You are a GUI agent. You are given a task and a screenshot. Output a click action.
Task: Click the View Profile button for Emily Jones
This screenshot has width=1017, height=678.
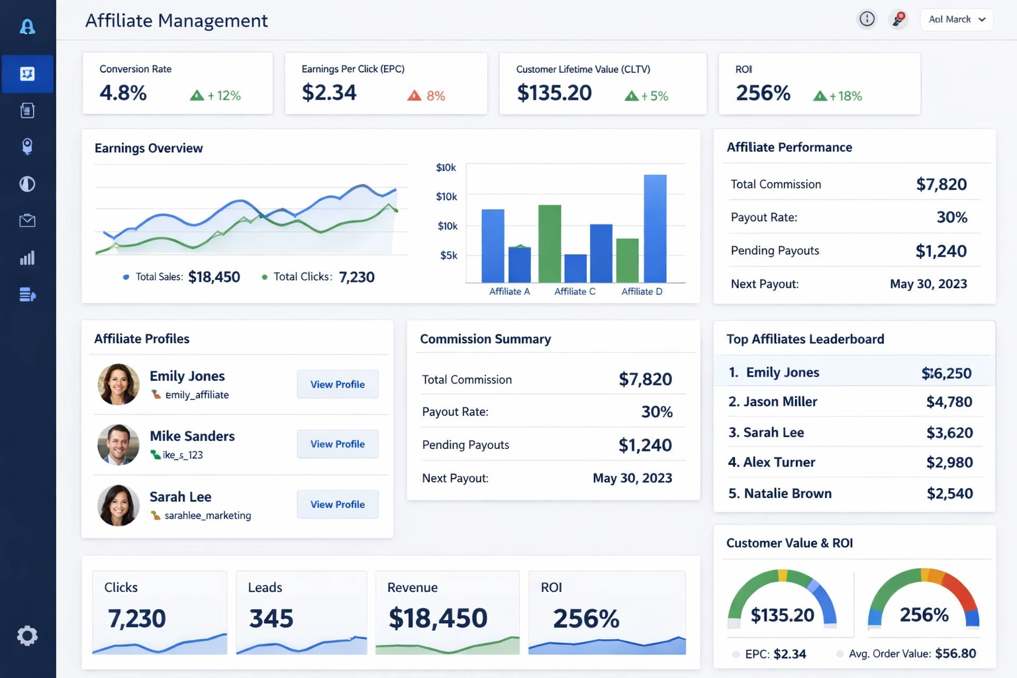337,384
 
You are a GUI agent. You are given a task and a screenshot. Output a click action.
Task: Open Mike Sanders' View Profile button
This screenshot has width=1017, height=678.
337,444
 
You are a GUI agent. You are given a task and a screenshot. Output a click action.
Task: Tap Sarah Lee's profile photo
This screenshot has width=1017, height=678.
119,505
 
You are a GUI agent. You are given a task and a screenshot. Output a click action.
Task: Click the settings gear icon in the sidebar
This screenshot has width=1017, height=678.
27,636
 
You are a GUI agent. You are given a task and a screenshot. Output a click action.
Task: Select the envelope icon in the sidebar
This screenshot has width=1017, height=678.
27,220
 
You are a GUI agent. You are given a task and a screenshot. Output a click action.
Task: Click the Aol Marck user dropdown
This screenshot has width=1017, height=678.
956,19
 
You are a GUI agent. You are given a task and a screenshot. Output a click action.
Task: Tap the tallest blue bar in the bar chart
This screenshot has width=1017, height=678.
655,228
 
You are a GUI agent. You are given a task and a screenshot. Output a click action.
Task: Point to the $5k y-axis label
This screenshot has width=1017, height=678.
448,255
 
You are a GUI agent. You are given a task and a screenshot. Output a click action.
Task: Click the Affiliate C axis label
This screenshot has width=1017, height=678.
574,291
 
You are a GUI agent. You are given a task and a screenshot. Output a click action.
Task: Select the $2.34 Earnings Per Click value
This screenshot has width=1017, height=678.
329,93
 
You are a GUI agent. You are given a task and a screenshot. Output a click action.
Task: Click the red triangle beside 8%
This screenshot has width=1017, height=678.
414,95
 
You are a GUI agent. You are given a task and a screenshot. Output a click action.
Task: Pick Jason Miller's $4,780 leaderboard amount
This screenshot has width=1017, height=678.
949,402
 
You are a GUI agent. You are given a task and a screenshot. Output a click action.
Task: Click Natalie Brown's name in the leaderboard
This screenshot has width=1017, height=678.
787,493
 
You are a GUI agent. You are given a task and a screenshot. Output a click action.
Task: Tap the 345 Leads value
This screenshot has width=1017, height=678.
271,618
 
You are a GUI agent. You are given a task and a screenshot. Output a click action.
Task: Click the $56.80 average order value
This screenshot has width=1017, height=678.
955,654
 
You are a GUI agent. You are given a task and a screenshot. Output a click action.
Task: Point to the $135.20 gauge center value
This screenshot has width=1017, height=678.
782,615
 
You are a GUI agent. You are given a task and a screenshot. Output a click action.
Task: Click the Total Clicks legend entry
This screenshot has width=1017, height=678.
318,277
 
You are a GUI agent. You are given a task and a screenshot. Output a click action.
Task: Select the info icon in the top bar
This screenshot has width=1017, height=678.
867,19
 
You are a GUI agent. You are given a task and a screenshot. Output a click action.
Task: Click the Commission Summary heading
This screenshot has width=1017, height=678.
485,339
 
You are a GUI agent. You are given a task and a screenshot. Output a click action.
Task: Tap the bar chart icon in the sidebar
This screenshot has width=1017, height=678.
27,258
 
